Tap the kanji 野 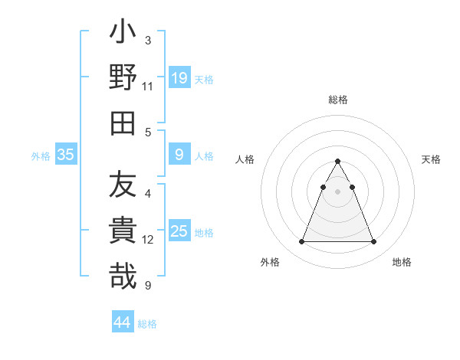tap(123, 77)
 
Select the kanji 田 tap(123, 123)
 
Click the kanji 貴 tap(123, 231)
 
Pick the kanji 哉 tap(123, 277)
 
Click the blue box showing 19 tap(179, 78)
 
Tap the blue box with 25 tap(179, 231)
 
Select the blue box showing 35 tap(66, 155)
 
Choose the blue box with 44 tap(122, 322)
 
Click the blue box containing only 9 tap(179, 155)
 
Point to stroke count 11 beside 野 tap(148, 87)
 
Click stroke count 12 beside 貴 tap(148, 240)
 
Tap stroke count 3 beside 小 tap(148, 40)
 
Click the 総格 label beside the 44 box tap(147, 324)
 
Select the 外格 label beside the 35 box tap(41, 156)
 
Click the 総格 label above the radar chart tap(337, 100)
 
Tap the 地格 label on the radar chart tap(402, 262)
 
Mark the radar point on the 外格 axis tap(301, 241)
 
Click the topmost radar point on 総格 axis tap(337, 162)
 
